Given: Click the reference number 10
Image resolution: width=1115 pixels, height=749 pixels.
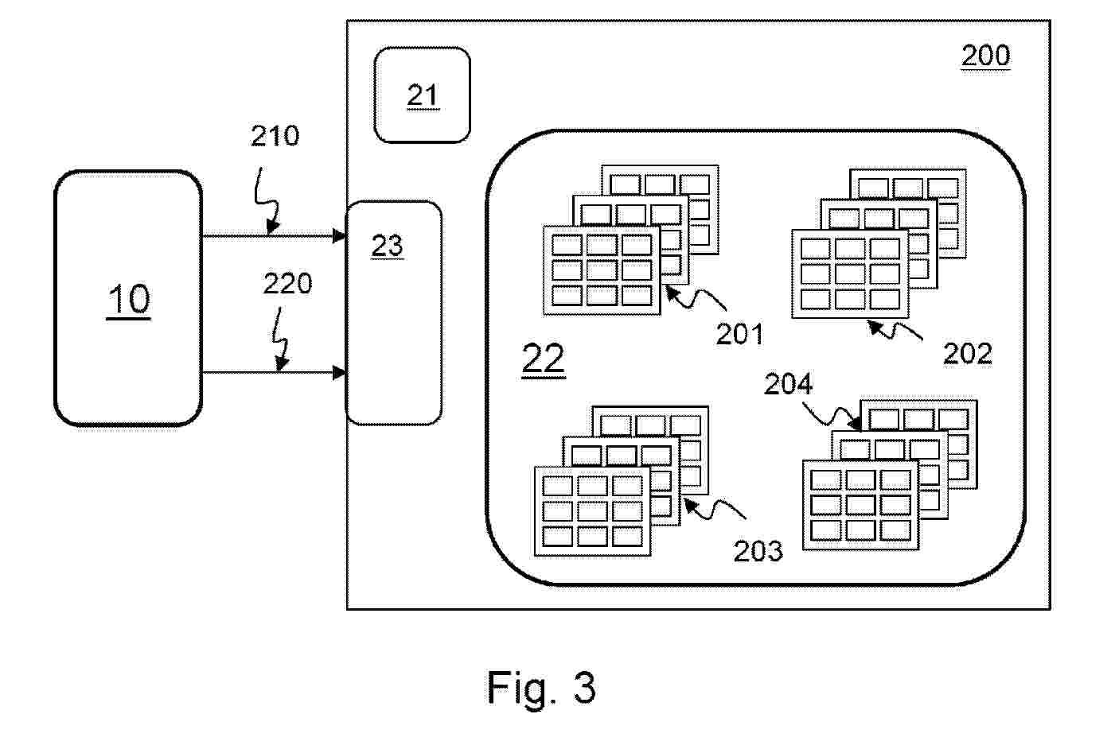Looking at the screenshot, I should [128, 300].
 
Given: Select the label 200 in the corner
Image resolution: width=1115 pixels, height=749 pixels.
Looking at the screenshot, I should [985, 56].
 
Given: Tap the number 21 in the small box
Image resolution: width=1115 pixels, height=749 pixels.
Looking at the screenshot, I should [423, 95].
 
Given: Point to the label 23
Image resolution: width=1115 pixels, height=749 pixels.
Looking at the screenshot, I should [388, 246].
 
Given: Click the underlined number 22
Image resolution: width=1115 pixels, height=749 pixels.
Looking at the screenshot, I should [544, 359].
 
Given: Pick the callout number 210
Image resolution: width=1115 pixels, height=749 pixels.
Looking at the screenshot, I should [275, 136].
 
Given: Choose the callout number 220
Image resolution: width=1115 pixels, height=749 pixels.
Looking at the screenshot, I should [287, 283].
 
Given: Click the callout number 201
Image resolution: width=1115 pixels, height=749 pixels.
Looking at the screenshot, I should [739, 334].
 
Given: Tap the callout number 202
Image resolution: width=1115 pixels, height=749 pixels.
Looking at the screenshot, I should [967, 353].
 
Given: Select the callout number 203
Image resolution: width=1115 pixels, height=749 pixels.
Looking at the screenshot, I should [758, 550].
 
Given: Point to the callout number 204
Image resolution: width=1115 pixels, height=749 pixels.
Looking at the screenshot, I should [789, 384].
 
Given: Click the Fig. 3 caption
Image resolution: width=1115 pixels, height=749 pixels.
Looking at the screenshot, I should [542, 687].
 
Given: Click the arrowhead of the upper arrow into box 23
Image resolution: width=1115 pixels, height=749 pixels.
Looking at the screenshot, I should [340, 236].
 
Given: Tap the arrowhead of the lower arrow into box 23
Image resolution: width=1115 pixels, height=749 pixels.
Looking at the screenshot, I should [340, 372].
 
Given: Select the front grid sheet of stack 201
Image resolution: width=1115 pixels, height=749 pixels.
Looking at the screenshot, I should [602, 270].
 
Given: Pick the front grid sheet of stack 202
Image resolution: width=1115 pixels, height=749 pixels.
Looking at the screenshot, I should [850, 274].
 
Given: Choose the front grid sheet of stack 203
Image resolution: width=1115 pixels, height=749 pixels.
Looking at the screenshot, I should [592, 510].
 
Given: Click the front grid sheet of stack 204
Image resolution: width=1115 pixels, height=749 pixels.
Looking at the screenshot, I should [860, 505].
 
